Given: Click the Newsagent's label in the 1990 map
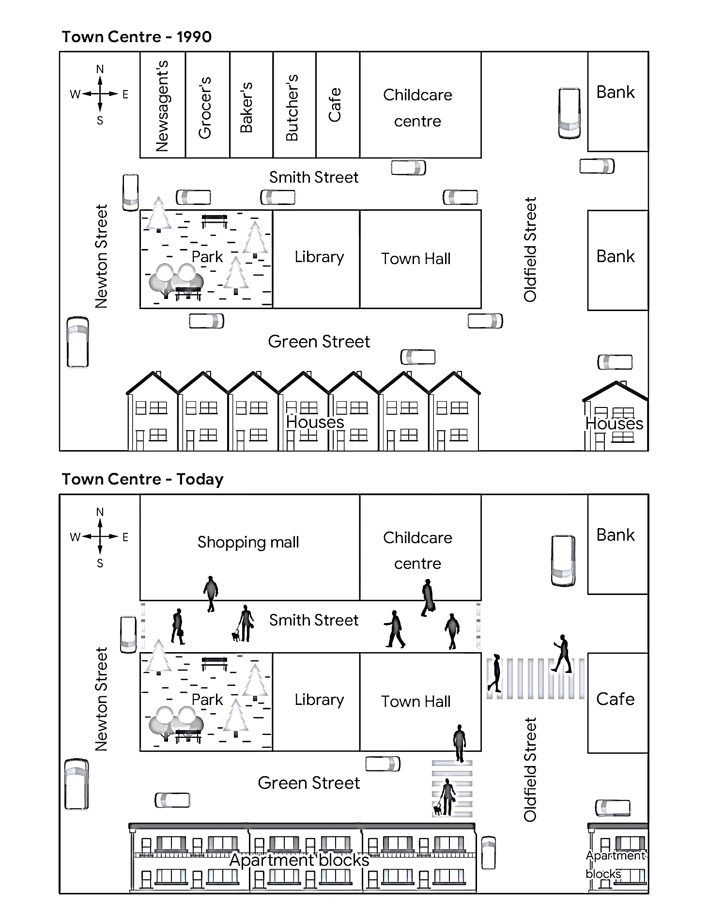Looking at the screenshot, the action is click(162, 106).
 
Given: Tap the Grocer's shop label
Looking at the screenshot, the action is click(205, 108).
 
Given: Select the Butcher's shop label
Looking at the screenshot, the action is click(292, 108).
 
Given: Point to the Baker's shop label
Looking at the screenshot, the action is click(246, 107).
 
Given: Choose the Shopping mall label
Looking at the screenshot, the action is click(248, 542).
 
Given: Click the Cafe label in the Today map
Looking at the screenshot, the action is click(615, 699).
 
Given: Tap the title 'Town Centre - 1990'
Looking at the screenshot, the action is click(137, 37).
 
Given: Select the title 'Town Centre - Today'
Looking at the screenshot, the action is click(142, 479).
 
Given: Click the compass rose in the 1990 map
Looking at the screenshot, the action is click(100, 94).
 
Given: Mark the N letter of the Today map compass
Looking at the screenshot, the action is click(100, 512).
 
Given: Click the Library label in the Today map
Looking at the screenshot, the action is click(319, 700).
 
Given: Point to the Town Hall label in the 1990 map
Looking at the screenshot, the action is click(416, 259).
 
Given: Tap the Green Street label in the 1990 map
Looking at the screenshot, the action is click(319, 342).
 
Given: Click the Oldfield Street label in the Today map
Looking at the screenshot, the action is click(530, 769).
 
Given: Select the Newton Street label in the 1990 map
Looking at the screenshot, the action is click(101, 256).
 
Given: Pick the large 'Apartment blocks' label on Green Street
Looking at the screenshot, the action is click(299, 860).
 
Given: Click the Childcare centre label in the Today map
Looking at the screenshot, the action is click(417, 550).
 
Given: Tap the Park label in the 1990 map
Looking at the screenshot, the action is click(207, 257).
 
